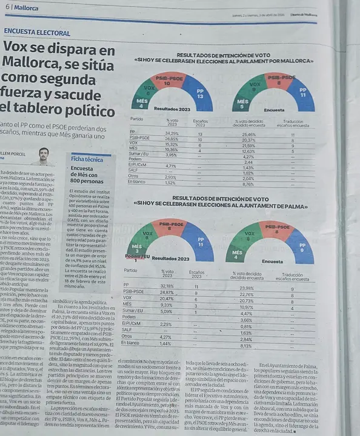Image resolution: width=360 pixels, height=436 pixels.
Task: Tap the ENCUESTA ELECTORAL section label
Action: coord(36,32)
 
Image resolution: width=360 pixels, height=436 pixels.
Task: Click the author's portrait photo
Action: coord(42,156)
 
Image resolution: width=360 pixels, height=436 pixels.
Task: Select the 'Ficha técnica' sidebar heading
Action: coord(87,159)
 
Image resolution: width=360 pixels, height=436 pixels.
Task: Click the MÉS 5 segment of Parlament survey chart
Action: coord(242,102)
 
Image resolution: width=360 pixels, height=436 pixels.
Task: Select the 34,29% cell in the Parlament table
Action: coord(172,133)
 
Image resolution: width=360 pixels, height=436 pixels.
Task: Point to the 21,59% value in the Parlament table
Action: coord(248,145)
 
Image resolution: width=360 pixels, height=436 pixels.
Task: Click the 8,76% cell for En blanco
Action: coord(248,183)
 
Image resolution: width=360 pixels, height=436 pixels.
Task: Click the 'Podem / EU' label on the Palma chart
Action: coord(138,257)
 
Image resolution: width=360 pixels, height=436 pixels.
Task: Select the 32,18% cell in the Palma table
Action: coord(167,285)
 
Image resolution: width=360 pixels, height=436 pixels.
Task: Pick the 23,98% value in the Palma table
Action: coord(247,288)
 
